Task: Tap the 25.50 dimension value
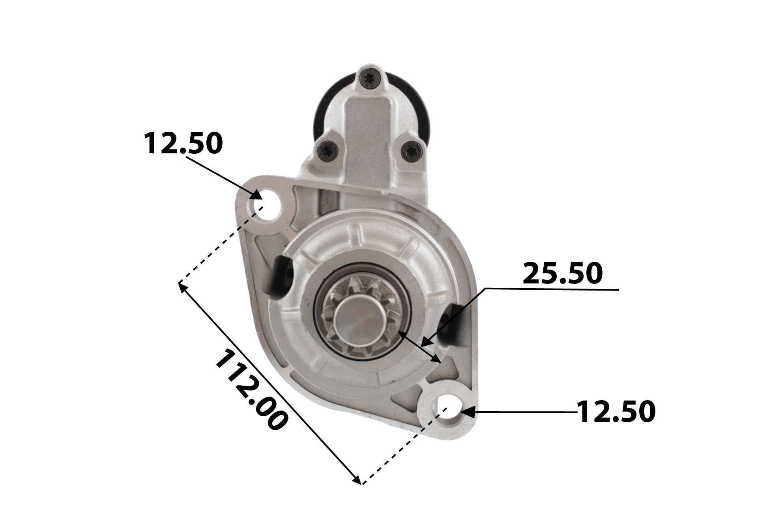(x=563, y=274)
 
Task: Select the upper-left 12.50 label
(x=183, y=143)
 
